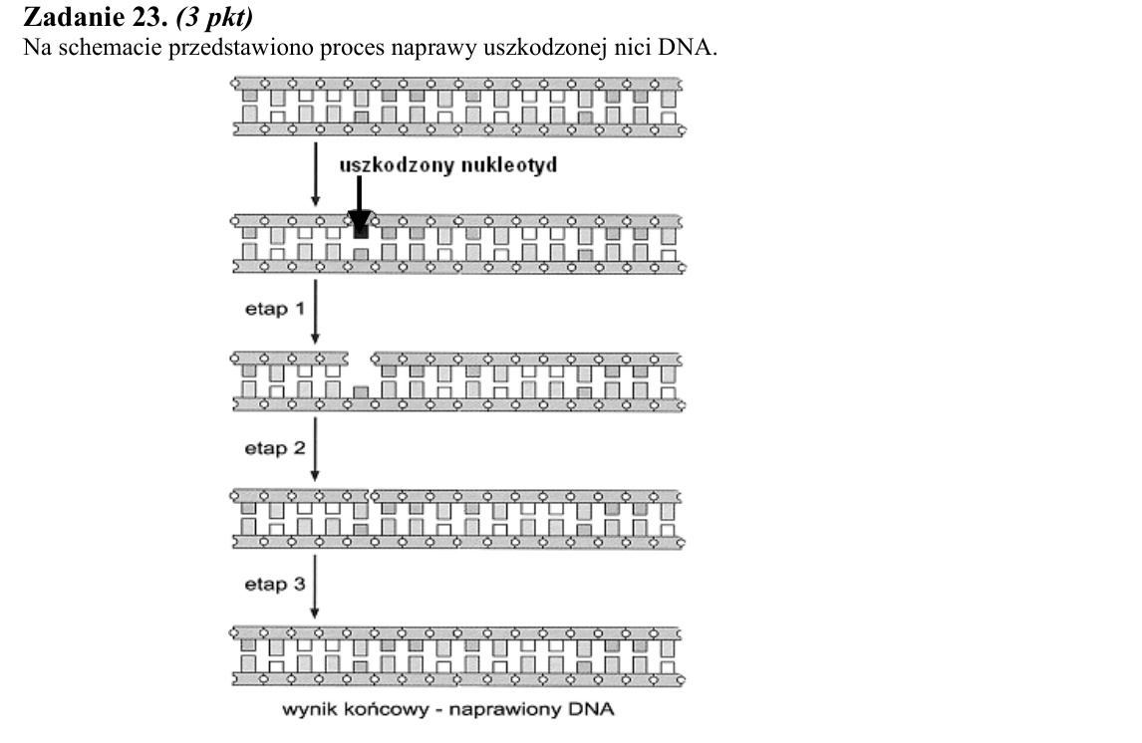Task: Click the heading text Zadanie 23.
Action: pyautogui.click(x=96, y=17)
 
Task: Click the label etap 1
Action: pyautogui.click(x=275, y=309)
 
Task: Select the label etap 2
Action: pyautogui.click(x=275, y=447)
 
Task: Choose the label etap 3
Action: pyautogui.click(x=275, y=585)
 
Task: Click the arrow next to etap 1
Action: pyautogui.click(x=315, y=312)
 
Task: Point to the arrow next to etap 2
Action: pyautogui.click(x=315, y=449)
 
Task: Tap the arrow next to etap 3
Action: pyautogui.click(x=315, y=587)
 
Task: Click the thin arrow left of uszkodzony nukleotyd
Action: pyautogui.click(x=315, y=174)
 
